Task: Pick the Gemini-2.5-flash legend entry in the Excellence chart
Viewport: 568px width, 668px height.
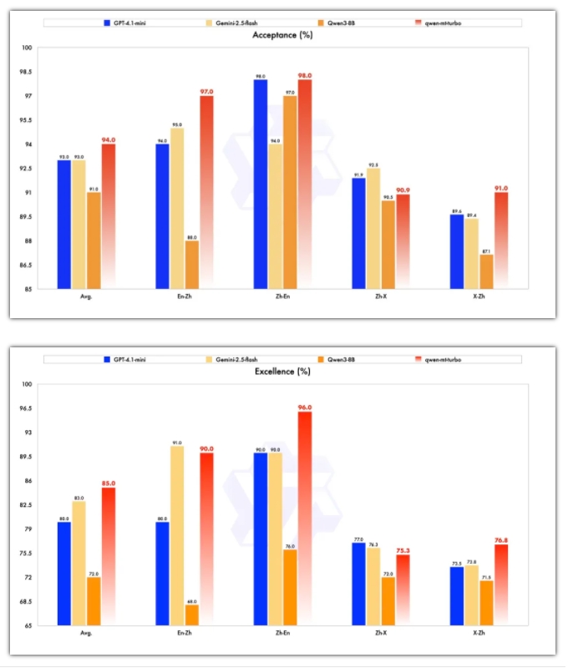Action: tap(235, 359)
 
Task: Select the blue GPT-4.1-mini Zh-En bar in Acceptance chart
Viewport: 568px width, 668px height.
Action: tap(260, 184)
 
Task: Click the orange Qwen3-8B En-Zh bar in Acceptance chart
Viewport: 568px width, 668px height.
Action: tap(192, 265)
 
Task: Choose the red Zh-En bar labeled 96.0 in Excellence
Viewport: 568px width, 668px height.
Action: tap(304, 518)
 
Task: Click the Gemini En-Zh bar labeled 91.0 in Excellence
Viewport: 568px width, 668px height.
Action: tap(177, 535)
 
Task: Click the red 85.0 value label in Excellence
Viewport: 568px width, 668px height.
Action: tap(109, 483)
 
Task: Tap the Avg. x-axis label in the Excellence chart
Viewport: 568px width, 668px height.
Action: tap(86, 633)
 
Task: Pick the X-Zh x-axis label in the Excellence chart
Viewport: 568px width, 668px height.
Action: tap(479, 633)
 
